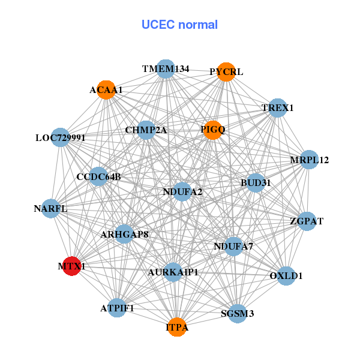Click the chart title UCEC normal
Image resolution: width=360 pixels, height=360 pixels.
[179, 25]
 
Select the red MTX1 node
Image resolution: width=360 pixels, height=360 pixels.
[71, 266]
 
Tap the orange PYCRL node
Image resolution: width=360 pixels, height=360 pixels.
[226, 72]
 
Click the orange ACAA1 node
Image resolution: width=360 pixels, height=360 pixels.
[106, 90]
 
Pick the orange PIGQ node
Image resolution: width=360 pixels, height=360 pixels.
[213, 130]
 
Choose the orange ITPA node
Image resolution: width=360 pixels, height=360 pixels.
[177, 327]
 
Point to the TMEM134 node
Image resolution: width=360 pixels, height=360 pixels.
[166, 69]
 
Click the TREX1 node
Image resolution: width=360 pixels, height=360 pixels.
[277, 109]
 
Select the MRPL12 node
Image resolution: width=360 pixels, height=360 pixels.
[309, 160]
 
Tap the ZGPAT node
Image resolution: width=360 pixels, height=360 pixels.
[307, 221]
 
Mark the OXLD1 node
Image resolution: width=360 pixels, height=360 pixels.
[286, 276]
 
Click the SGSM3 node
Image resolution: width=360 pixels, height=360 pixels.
[237, 313]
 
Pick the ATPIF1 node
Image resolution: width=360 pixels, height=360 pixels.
[118, 308]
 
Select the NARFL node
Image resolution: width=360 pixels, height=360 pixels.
[50, 209]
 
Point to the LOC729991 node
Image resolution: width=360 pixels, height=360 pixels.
[60, 138]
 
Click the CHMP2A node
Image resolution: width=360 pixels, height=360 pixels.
[146, 130]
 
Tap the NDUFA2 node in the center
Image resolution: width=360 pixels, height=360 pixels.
[182, 192]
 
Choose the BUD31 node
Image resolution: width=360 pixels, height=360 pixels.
[256, 182]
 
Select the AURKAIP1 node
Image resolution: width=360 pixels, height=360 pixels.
[173, 272]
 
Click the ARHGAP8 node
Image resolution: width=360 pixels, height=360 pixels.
[124, 234]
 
